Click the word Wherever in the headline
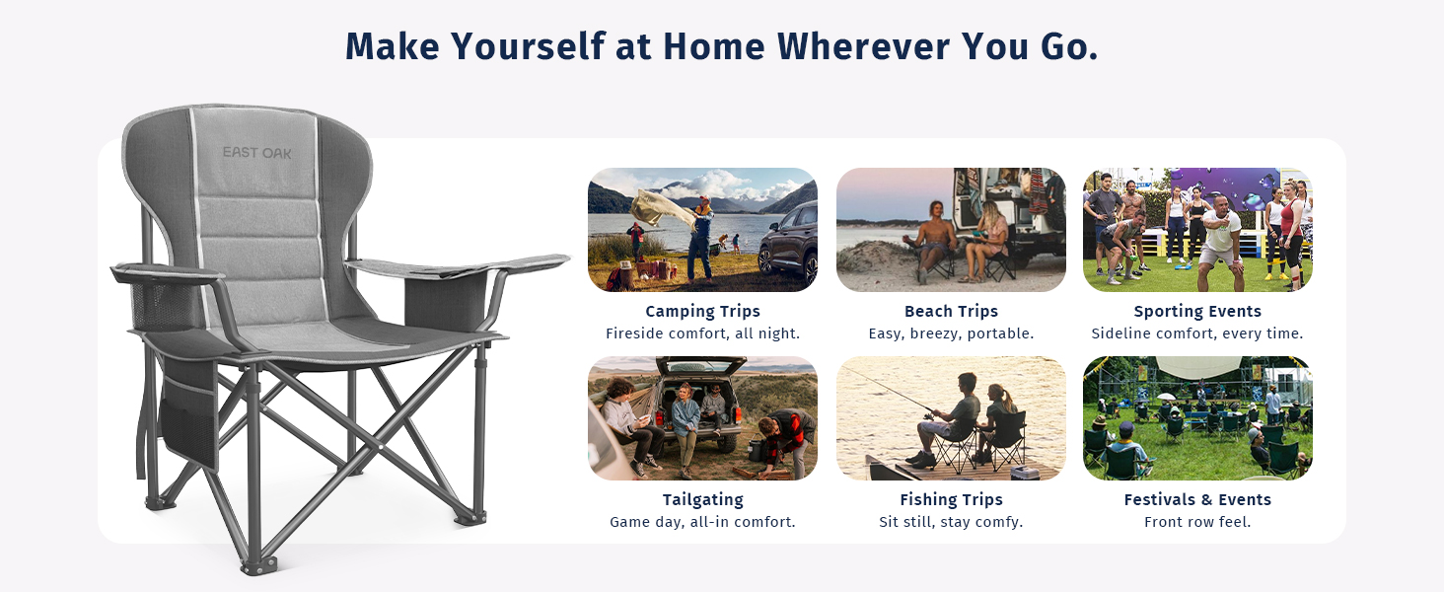[x=863, y=46]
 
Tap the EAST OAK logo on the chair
[x=256, y=153]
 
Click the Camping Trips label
[x=702, y=311]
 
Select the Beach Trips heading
[x=951, y=311]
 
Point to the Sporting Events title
[x=1197, y=311]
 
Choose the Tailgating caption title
[x=702, y=499]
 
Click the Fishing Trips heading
[x=951, y=499]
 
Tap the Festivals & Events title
[x=1197, y=499]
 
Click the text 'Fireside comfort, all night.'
[x=702, y=333]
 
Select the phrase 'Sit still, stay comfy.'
[x=951, y=522]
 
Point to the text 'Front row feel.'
[x=1197, y=522]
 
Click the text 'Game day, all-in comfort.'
[x=702, y=522]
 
